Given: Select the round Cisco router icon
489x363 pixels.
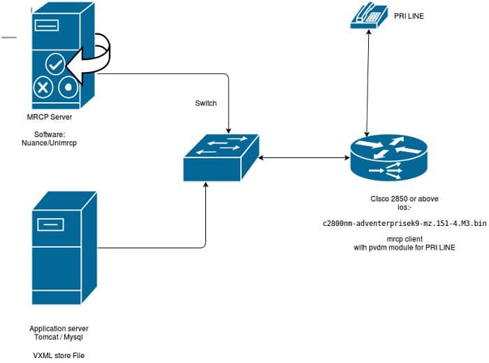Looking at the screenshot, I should (x=389, y=158).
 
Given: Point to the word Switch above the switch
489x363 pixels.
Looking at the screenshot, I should (x=205, y=103).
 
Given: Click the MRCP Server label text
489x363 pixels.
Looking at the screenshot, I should (x=50, y=117).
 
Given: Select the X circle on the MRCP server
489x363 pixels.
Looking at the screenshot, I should (x=43, y=88).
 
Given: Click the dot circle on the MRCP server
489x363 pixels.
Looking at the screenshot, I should (x=68, y=88).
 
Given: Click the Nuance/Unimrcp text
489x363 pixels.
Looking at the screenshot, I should (x=49, y=142).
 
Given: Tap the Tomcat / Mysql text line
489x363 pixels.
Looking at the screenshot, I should (x=59, y=338).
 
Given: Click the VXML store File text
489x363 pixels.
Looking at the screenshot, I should (x=59, y=355).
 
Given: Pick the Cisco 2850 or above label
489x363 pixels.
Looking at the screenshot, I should (x=404, y=199).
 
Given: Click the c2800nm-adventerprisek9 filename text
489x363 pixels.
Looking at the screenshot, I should (x=404, y=224).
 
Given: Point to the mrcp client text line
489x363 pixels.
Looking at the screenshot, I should (x=404, y=239).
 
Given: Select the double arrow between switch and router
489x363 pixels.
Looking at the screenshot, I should (x=304, y=158).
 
